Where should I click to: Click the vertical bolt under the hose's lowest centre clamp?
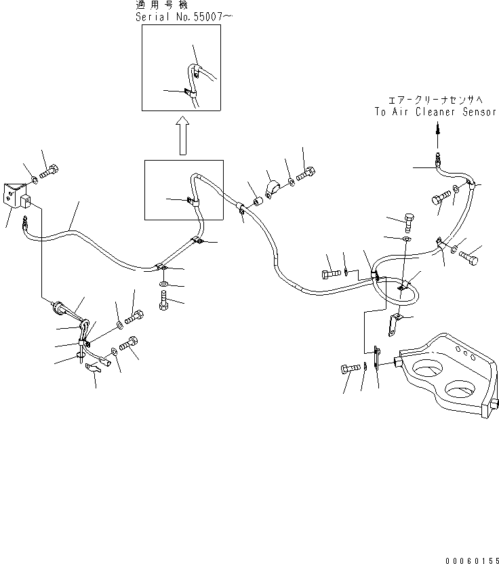[163, 300]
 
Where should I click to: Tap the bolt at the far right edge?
[468, 258]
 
